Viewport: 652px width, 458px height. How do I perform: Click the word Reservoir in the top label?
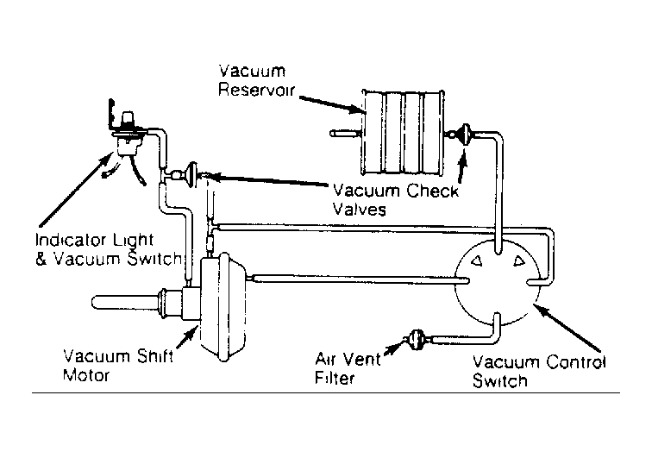coord(256,90)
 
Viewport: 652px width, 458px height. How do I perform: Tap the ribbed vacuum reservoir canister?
coord(403,132)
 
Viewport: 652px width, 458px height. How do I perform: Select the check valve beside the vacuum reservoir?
coord(465,135)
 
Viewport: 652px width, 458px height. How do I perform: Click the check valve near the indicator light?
coord(192,175)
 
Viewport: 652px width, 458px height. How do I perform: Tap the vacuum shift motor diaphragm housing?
coord(223,306)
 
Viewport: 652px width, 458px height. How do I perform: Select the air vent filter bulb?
coord(416,340)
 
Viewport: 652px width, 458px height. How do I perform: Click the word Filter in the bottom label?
coord(335,378)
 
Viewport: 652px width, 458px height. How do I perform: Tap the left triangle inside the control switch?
coord(477,260)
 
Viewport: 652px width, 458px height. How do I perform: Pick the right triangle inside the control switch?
coord(519,261)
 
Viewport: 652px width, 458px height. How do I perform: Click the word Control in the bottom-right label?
coord(576,362)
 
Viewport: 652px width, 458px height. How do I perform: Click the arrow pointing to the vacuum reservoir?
coord(331,104)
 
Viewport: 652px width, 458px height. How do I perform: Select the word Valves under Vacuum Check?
coord(360,209)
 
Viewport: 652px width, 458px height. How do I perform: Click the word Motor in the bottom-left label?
coord(86,375)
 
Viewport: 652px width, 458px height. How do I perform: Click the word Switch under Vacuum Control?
coord(500,380)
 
